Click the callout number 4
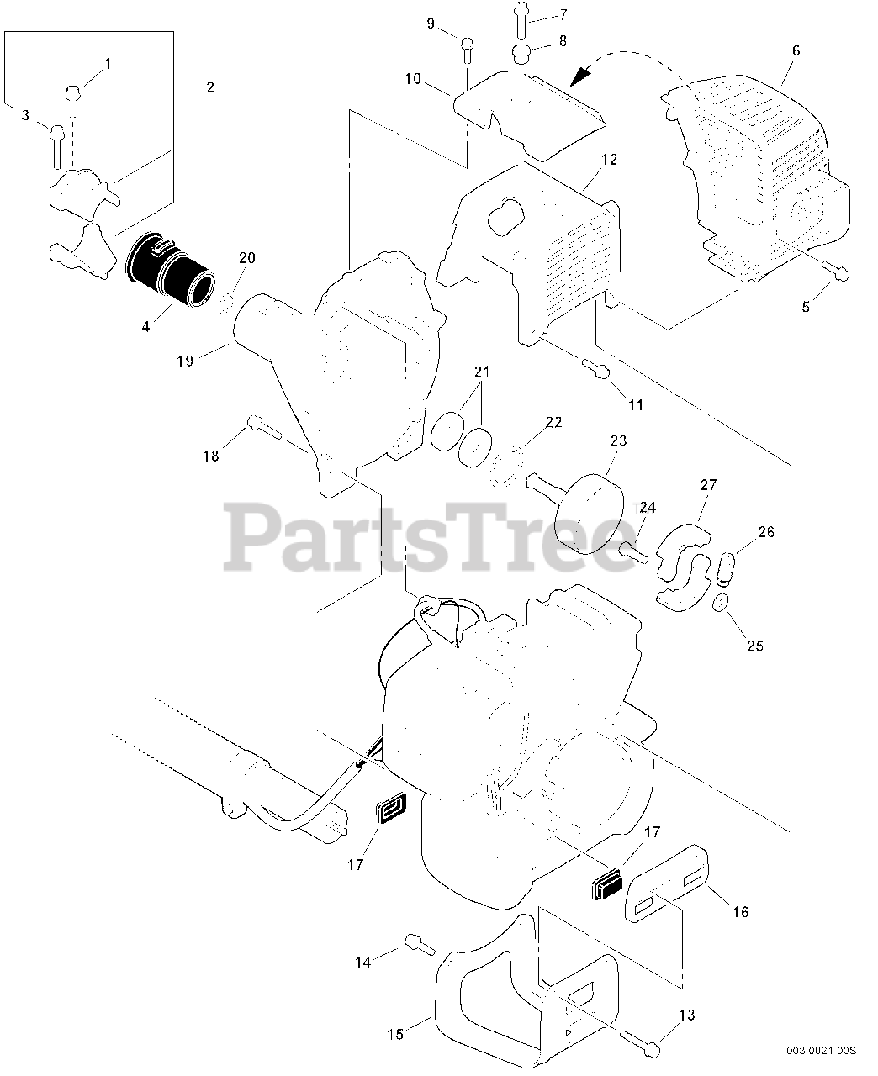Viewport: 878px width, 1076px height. coord(145,325)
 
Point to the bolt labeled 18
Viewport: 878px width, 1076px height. coord(263,427)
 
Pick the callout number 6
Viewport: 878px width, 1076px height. coord(796,50)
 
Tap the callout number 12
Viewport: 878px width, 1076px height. coord(610,158)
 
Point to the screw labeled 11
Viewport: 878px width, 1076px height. coord(595,367)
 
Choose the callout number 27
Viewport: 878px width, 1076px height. coord(708,486)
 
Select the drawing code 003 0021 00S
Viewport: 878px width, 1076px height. coord(821,1050)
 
